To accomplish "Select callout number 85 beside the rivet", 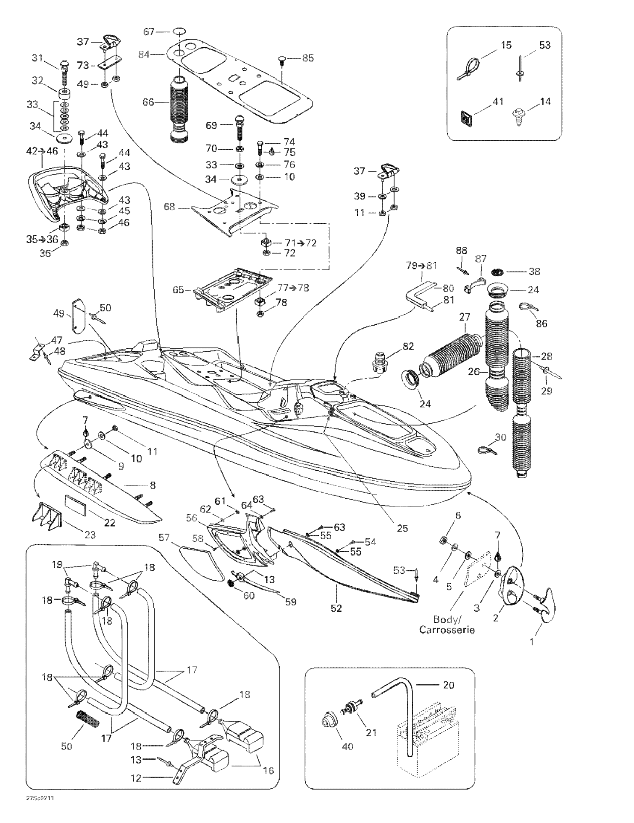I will click(x=308, y=58).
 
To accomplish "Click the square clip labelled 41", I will click(x=466, y=121).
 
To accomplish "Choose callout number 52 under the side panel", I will click(x=336, y=608).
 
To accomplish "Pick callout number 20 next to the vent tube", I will click(x=448, y=685).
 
